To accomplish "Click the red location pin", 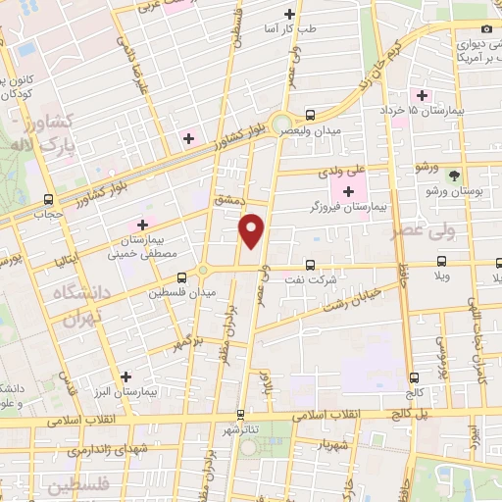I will tap(253, 231).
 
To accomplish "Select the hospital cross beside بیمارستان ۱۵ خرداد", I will tap(423, 96).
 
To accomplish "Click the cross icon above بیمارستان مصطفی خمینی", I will tap(144, 226).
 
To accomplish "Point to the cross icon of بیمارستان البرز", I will tap(125, 376).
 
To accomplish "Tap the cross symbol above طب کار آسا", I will tap(288, 14).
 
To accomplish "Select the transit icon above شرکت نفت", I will tap(310, 264).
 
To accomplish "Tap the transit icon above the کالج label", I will tap(414, 376).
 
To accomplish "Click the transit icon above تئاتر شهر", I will tap(240, 414).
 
